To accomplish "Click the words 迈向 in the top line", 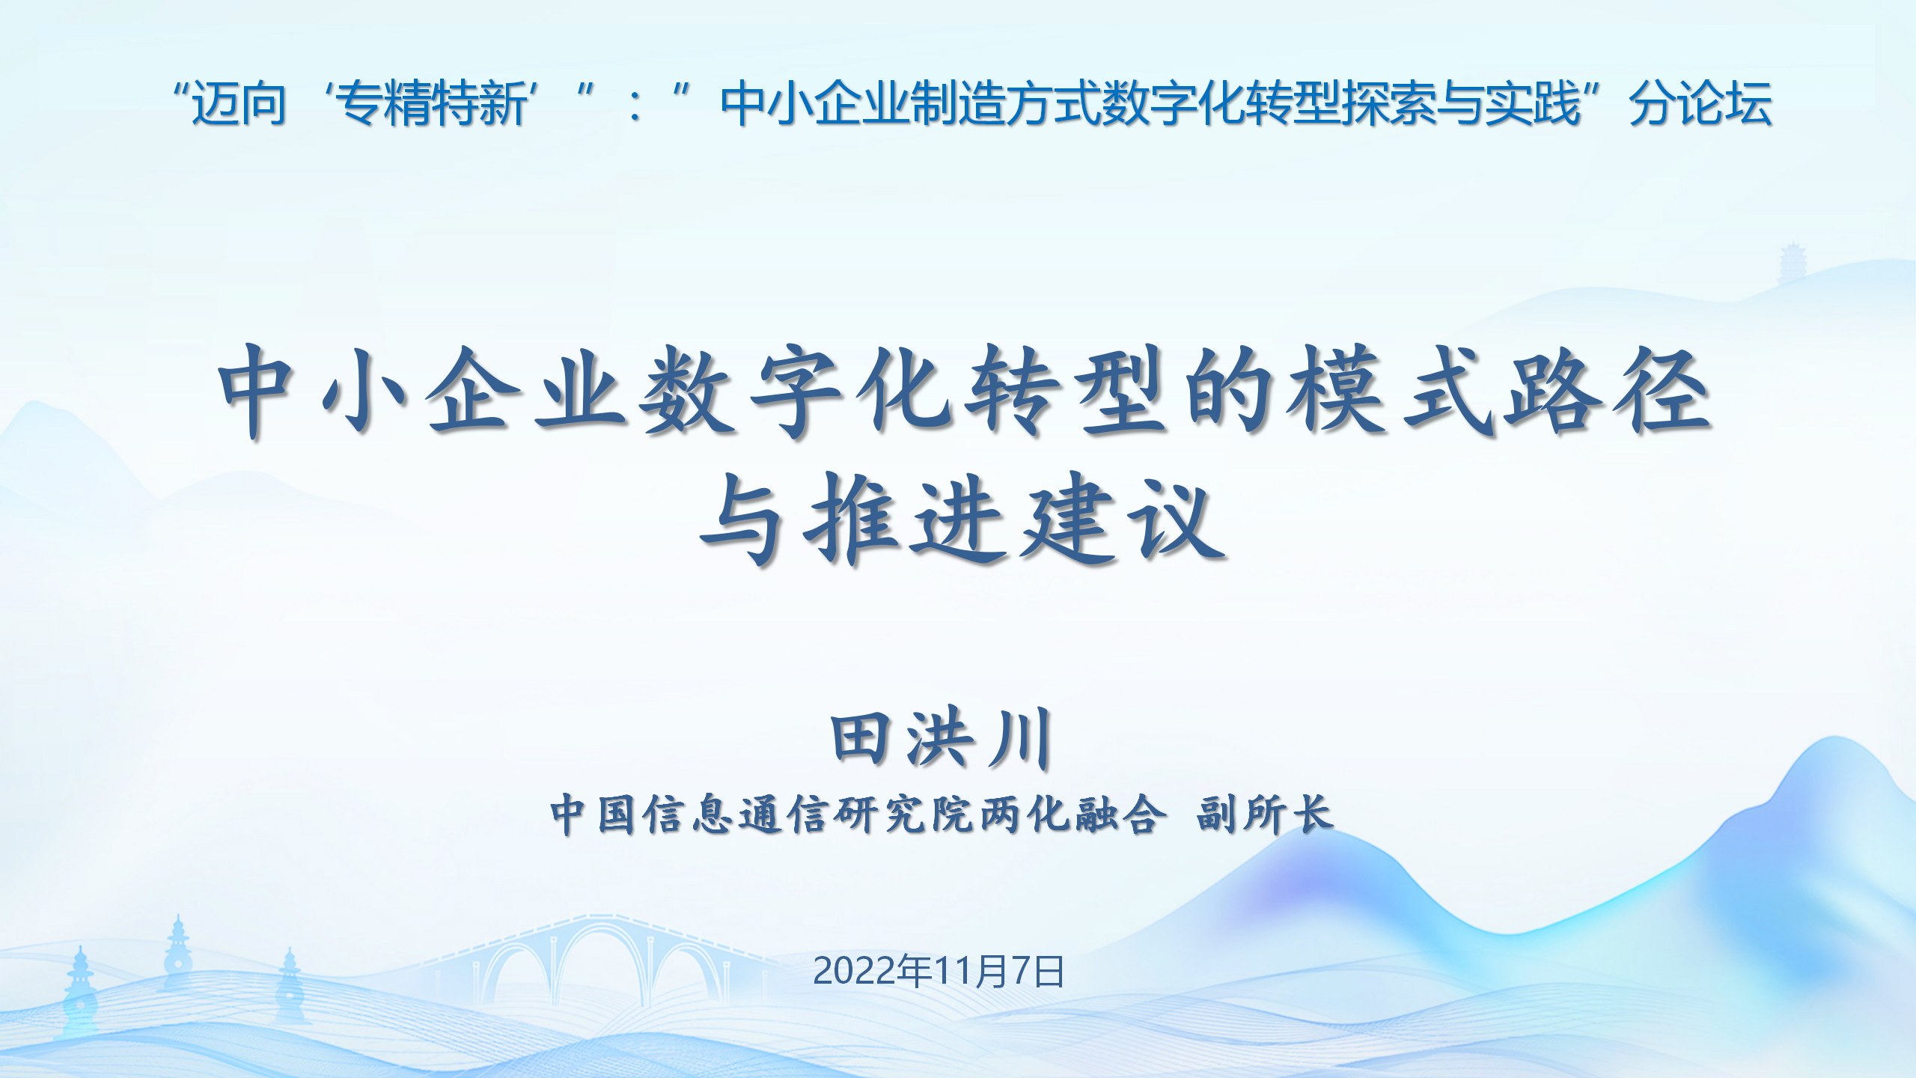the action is (239, 103).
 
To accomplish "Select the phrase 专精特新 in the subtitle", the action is (433, 103).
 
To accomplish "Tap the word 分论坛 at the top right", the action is (1700, 103).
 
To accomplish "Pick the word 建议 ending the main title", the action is (1123, 518).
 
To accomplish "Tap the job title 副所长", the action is (1265, 814).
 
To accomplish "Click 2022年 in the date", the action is (873, 971).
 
